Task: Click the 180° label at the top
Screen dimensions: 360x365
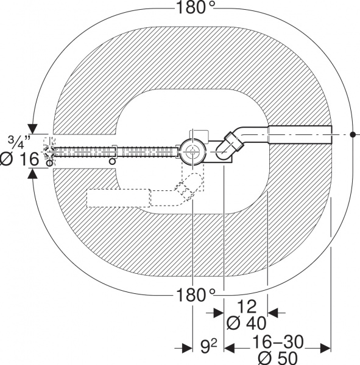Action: click(x=196, y=7)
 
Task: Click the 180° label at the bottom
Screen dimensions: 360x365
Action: click(x=196, y=294)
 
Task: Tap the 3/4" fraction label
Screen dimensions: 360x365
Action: click(x=19, y=142)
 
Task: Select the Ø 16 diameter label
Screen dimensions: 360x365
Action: click(x=20, y=159)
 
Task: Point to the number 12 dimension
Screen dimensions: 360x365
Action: click(x=247, y=307)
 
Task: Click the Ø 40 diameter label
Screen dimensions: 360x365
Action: click(x=247, y=323)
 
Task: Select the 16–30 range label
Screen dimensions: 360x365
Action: click(x=278, y=342)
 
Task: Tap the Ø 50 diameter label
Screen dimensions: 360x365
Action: click(x=278, y=358)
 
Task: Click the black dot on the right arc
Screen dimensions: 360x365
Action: click(x=353, y=134)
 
